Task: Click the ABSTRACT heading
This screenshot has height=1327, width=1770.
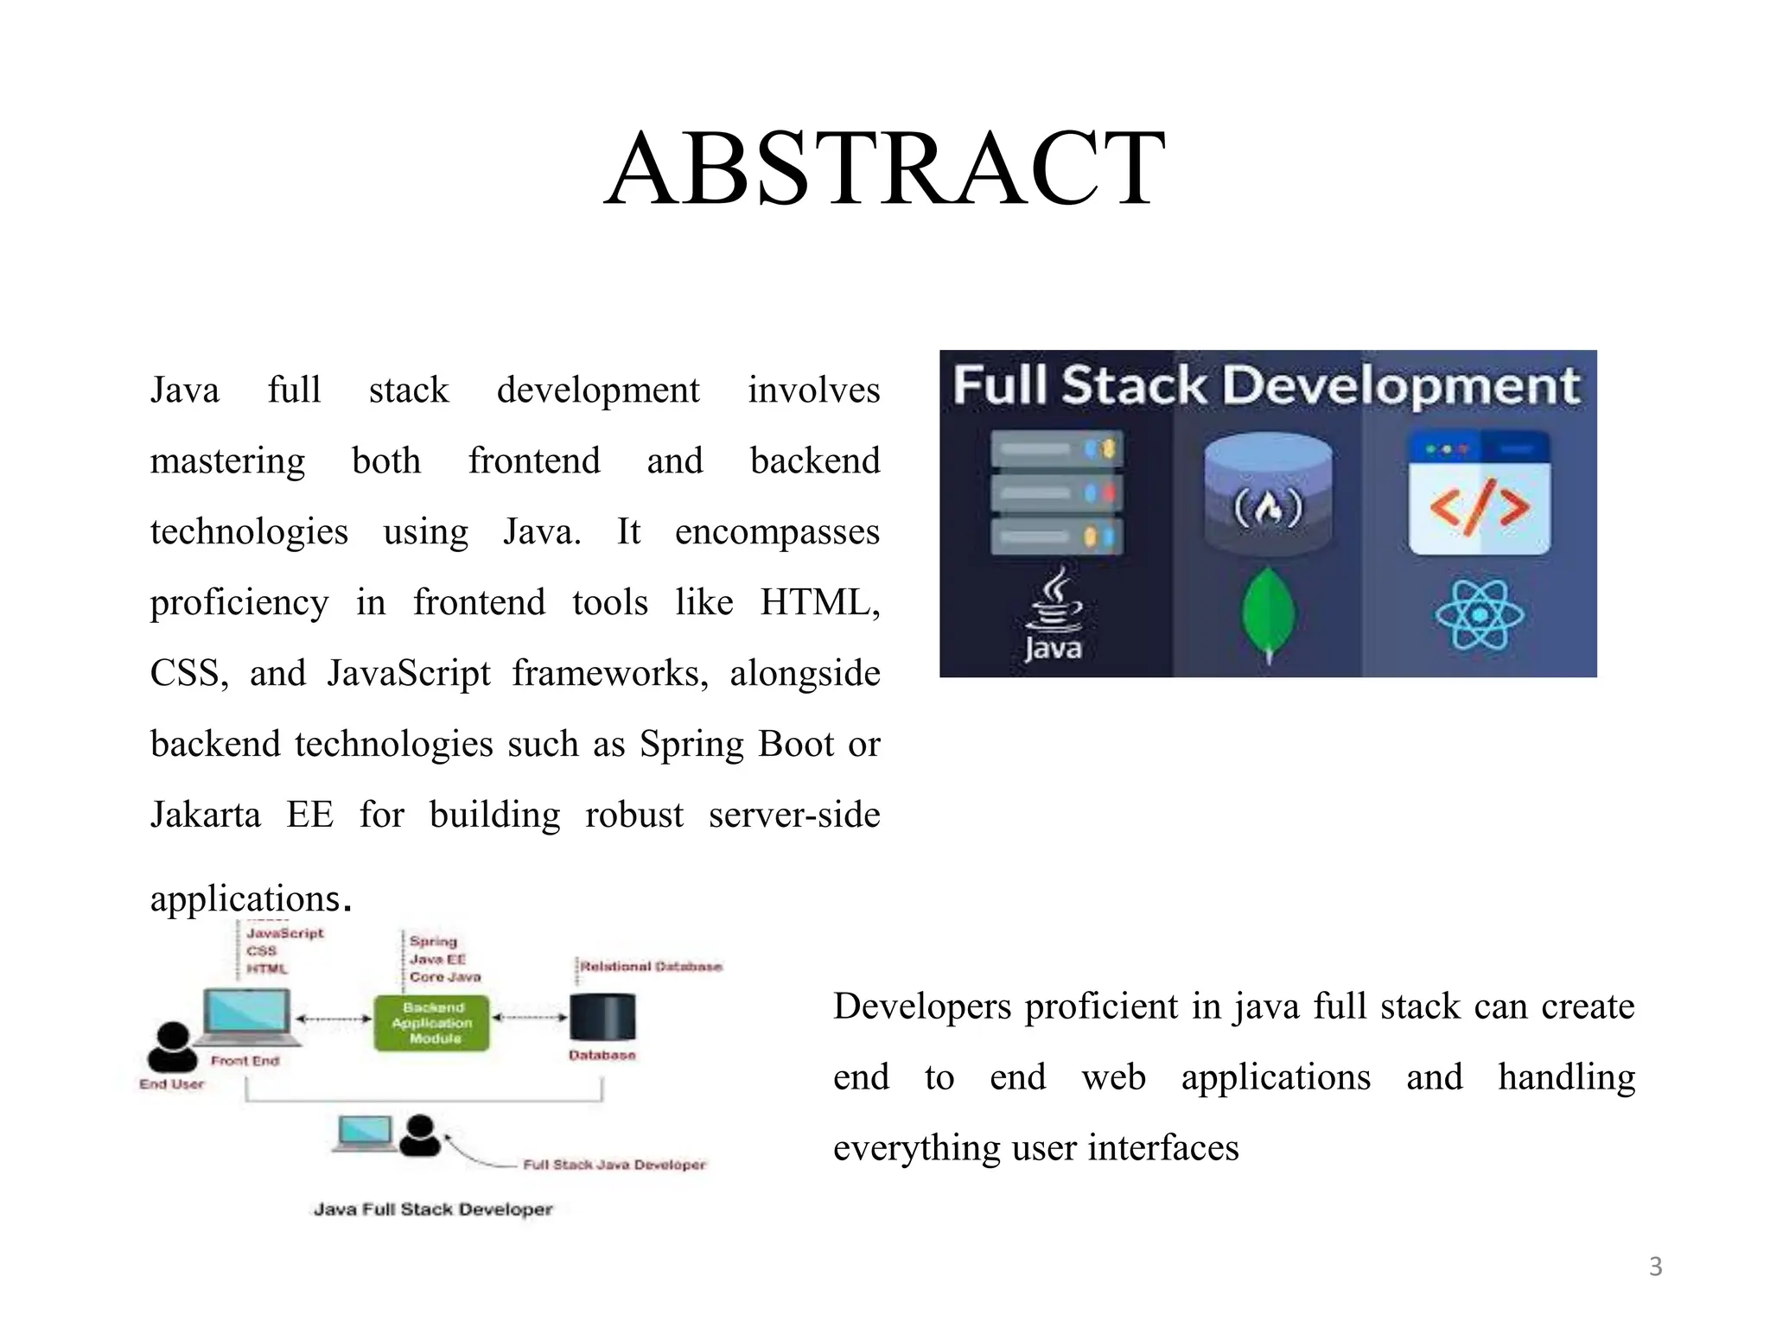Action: click(885, 168)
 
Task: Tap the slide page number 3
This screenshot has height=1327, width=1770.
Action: click(1655, 1267)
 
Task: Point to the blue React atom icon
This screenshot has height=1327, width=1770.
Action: click(1480, 614)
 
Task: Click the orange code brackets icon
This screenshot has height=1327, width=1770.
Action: click(1480, 505)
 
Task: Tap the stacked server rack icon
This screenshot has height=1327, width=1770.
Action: click(1056, 492)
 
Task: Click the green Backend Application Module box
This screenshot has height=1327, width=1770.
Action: click(432, 1023)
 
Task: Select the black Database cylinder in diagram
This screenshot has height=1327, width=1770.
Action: click(602, 1017)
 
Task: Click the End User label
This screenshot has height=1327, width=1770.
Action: click(171, 1084)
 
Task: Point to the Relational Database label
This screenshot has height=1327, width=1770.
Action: click(651, 966)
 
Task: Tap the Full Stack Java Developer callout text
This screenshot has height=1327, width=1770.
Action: click(614, 1165)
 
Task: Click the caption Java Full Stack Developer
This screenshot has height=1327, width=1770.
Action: click(432, 1210)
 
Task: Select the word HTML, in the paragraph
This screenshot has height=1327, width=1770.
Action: click(820, 602)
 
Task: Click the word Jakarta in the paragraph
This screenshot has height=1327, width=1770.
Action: click(205, 815)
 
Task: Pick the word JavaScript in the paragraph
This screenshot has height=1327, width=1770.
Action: click(409, 673)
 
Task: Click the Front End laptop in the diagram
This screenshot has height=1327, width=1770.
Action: click(246, 1015)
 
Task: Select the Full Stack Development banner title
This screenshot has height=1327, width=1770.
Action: click(1267, 385)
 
